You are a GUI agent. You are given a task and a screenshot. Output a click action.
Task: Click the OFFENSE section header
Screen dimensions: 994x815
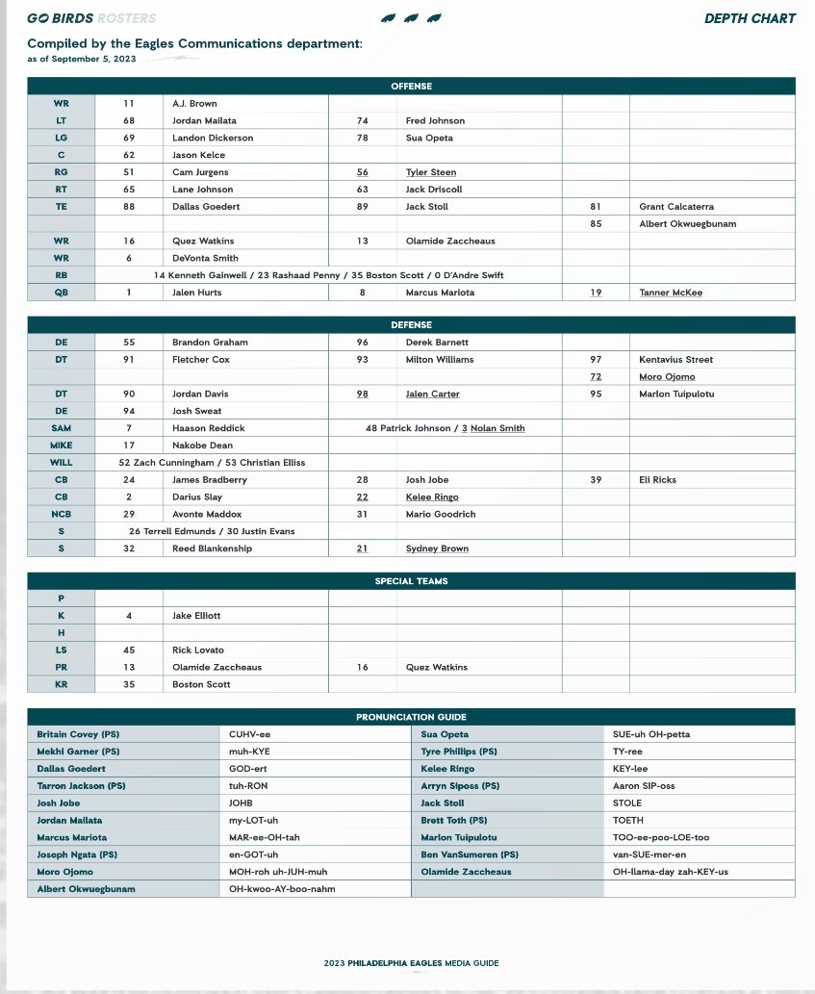[x=411, y=87]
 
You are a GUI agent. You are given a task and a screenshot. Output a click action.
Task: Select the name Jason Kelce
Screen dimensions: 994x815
[x=198, y=155]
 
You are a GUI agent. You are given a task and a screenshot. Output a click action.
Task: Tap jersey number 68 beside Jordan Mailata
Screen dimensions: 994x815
[x=129, y=121]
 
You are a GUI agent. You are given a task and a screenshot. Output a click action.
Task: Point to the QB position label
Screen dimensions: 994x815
[x=62, y=293]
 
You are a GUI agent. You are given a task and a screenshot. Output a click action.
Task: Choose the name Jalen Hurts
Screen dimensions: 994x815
[x=196, y=293]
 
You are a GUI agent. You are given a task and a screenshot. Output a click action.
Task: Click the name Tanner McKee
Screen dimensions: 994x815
[x=670, y=293]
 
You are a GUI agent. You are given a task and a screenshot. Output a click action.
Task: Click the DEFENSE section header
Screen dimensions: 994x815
[x=411, y=325]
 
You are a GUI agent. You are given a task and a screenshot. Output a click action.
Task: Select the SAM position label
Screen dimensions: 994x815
[x=62, y=428]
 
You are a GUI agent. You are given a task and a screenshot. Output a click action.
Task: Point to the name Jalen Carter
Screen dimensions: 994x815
[x=433, y=395]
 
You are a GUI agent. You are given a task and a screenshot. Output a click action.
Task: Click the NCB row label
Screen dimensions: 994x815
[x=62, y=515]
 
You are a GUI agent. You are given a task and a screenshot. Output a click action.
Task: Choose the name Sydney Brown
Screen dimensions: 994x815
[x=439, y=548]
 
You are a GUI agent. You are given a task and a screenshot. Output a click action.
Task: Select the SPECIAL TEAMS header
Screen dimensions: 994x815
[x=411, y=581]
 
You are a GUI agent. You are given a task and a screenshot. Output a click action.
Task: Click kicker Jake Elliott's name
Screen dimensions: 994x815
[x=196, y=616]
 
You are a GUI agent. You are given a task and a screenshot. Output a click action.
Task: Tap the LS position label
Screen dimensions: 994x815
[x=62, y=650]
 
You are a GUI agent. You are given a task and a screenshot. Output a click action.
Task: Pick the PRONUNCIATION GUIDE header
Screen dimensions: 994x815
[x=411, y=717]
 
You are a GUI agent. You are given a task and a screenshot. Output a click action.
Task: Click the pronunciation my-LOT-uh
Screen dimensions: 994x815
[x=253, y=821]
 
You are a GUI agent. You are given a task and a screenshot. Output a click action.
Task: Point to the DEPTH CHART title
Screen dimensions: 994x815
[x=750, y=18]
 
